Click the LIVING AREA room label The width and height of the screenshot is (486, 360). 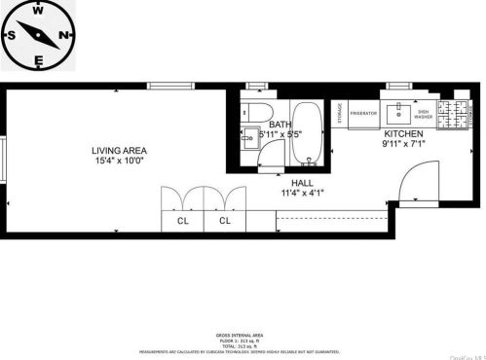pos(118,150)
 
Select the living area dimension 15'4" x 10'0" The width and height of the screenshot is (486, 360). pos(118,161)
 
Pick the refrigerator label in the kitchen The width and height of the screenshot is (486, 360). pos(363,113)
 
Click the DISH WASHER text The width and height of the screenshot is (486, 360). pos(423,113)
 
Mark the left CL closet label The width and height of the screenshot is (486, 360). pos(182,221)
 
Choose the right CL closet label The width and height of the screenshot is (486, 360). pos(226,221)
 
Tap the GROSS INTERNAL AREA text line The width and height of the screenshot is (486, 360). pos(243,333)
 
